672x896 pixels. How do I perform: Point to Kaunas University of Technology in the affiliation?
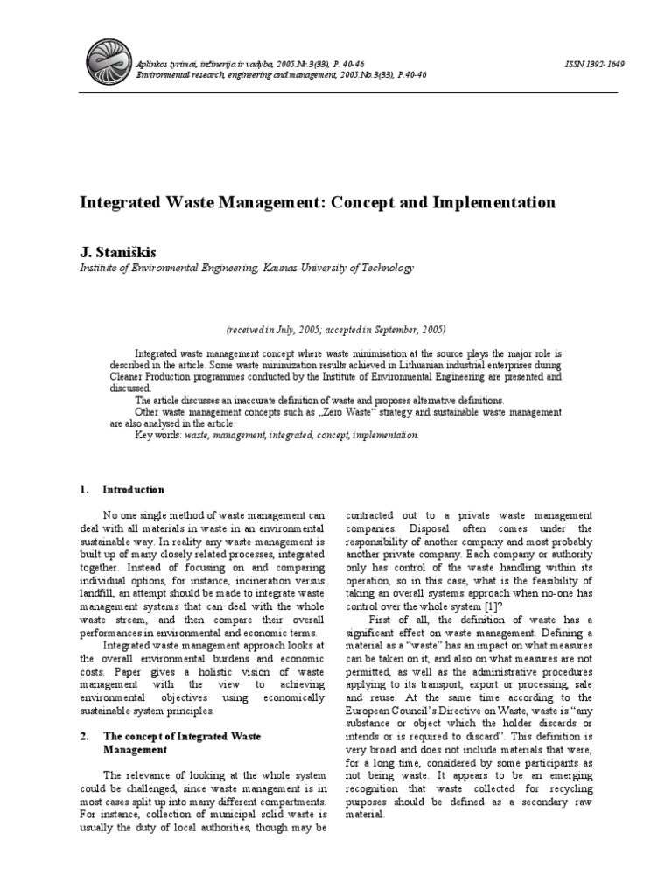tap(336, 269)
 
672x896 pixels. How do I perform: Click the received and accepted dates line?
tap(335, 330)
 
